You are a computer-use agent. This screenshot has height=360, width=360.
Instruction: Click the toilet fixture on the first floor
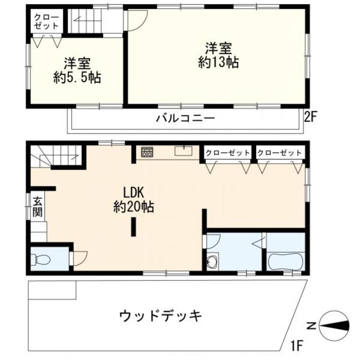(x=40, y=259)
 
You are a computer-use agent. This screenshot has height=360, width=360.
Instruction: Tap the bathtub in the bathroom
(x=286, y=262)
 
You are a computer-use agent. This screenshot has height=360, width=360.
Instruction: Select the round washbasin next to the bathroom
(x=211, y=262)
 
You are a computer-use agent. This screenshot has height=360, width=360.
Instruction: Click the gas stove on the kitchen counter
(x=147, y=152)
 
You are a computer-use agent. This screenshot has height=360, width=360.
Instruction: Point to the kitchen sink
(x=184, y=151)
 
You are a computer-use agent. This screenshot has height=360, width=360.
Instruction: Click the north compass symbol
(x=334, y=326)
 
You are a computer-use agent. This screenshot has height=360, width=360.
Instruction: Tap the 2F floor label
(x=310, y=117)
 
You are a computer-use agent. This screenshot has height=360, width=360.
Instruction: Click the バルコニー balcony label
(x=185, y=119)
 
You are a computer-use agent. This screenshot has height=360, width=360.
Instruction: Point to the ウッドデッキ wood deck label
(x=160, y=316)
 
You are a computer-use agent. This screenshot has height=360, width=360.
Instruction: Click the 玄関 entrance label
(x=37, y=207)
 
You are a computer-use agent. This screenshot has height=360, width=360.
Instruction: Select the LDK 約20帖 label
(x=133, y=200)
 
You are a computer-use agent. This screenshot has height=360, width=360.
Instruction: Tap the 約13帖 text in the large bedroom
(x=218, y=62)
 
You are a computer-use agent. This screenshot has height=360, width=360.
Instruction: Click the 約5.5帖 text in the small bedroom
(x=77, y=78)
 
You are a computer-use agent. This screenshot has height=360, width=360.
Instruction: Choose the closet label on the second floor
(x=47, y=22)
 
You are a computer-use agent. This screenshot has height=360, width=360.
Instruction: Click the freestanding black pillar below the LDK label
(x=133, y=227)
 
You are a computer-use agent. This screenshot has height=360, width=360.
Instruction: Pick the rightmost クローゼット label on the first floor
(x=279, y=153)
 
